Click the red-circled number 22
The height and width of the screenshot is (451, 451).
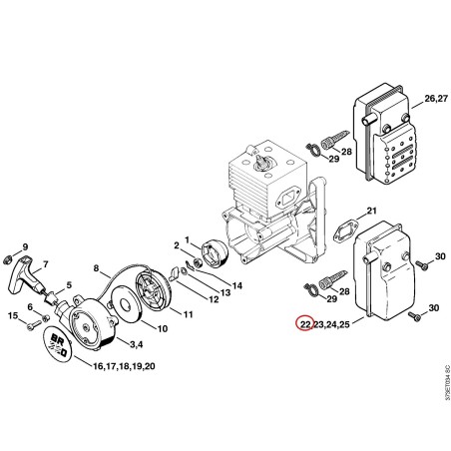pos(305,323)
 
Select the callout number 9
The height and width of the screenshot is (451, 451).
pos(25,247)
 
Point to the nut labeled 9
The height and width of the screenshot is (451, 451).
pos(6,259)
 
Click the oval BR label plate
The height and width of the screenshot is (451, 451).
pos(59,344)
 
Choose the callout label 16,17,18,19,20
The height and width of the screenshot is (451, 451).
pos(124,366)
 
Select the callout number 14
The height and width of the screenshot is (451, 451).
pos(237,285)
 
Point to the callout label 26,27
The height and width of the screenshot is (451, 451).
pos(436,99)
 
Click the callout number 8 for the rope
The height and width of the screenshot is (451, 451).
pos(96,267)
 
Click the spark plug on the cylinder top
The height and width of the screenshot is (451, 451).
pos(262,162)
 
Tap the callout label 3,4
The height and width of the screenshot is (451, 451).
pos(137,344)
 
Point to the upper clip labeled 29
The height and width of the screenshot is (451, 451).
pos(312,149)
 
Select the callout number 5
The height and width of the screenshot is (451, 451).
pos(69,284)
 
